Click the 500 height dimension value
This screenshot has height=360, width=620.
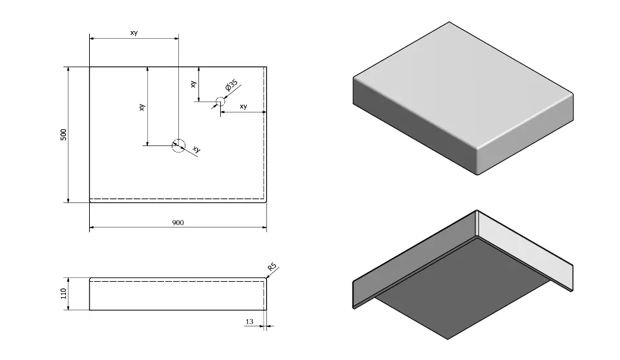[x=63, y=134]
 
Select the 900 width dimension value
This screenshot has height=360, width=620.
[x=178, y=222]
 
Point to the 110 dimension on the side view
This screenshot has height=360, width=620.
[x=63, y=295]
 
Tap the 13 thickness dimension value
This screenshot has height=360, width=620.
[x=250, y=321]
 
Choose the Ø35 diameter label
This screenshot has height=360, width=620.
[x=232, y=87]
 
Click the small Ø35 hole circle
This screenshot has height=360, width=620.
[x=220, y=101]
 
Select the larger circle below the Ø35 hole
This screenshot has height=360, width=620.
[x=178, y=145]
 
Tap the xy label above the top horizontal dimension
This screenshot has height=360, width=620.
[x=134, y=34]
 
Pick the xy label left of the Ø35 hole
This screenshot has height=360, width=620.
[x=193, y=84]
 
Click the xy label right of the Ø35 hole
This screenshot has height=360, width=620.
[x=243, y=106]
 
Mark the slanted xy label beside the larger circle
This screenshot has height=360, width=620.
[x=196, y=150]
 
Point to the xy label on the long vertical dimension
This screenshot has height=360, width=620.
[x=141, y=107]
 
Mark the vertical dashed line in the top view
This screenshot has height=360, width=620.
[x=264, y=129]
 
